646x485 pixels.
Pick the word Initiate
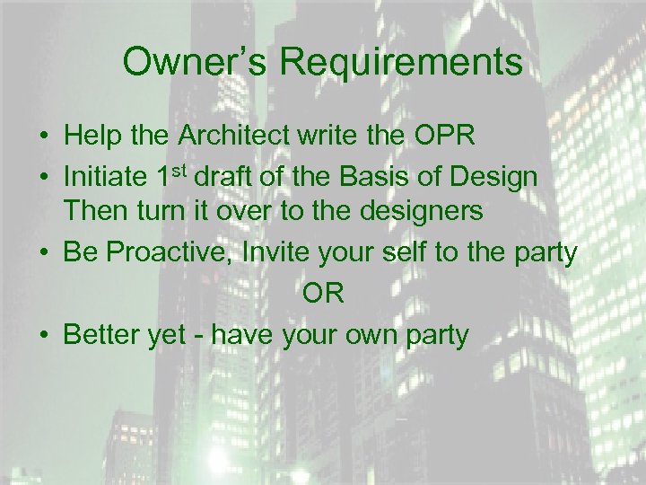click(105, 177)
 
